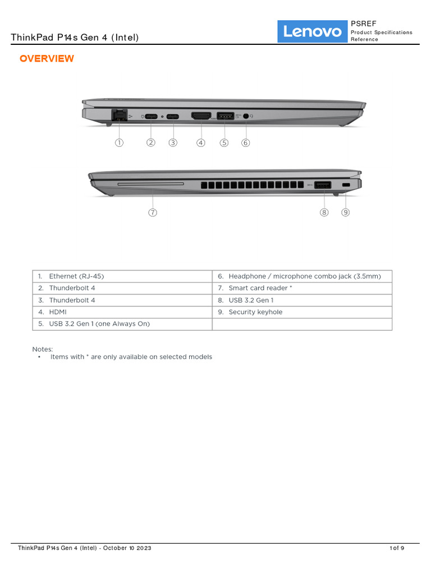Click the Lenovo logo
(312, 31)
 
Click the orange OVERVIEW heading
(47, 59)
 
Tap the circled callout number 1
(119, 142)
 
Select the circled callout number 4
(201, 142)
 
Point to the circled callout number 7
(153, 212)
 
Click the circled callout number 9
(346, 212)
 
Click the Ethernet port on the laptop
(119, 116)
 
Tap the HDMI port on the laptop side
(201, 117)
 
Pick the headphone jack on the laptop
(246, 117)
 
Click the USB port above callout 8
(322, 185)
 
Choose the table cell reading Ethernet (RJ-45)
(76, 276)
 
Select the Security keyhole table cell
(255, 312)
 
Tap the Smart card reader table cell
(260, 288)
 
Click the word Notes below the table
(43, 349)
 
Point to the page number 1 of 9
(397, 548)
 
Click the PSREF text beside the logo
(364, 24)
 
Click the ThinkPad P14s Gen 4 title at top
(75, 38)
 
